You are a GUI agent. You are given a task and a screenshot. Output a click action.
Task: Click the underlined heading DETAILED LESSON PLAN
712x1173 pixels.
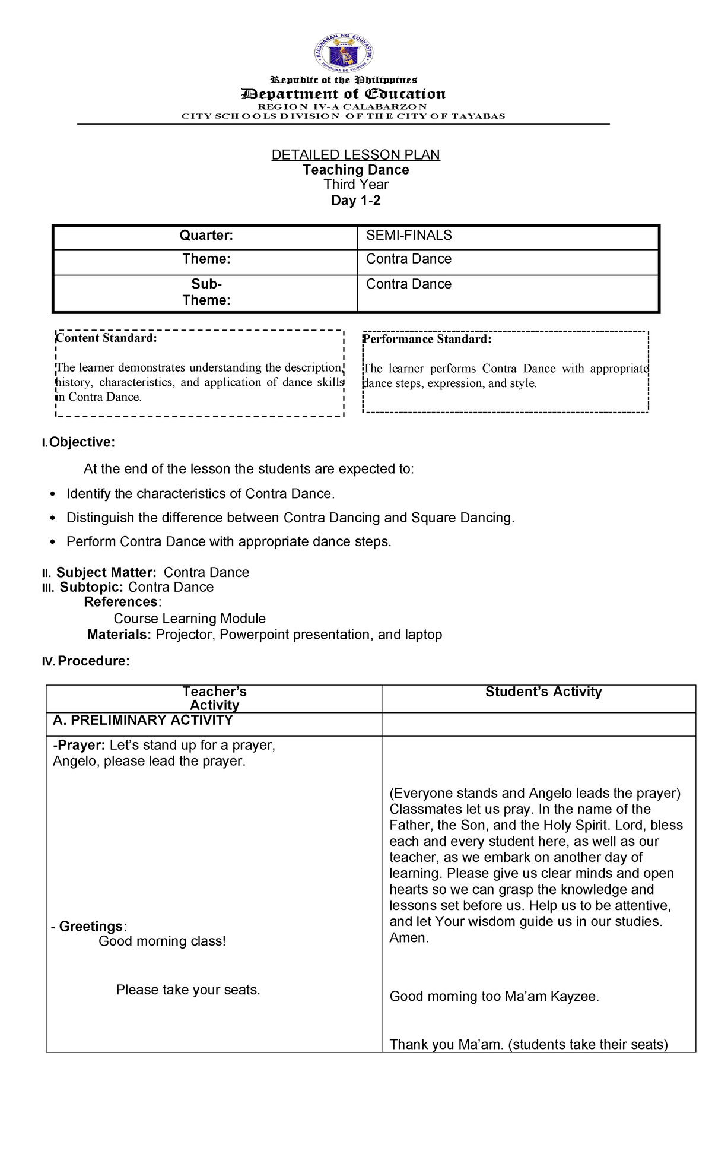[355, 155]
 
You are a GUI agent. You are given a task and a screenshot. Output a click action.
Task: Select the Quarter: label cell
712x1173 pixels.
[206, 236]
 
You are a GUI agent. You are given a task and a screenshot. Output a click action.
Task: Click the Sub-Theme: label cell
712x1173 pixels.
[206, 292]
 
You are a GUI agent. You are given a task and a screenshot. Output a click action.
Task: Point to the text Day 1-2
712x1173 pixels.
[355, 201]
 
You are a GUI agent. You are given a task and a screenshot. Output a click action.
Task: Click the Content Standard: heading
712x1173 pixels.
[107, 338]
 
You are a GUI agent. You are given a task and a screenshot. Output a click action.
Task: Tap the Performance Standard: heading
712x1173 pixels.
[427, 339]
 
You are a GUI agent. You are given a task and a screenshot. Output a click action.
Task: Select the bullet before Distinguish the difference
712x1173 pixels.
[53, 518]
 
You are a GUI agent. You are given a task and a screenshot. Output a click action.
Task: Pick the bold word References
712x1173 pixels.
[121, 602]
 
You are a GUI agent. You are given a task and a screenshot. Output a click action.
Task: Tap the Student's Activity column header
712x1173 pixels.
[543, 692]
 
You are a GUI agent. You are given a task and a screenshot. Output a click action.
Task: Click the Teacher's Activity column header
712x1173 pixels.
[214, 698]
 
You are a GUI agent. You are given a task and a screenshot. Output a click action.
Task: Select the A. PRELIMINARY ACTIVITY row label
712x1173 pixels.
[142, 720]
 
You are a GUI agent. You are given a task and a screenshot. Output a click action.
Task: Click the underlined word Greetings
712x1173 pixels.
[91, 926]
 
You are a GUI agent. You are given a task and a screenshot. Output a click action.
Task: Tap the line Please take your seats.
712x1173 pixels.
[188, 990]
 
